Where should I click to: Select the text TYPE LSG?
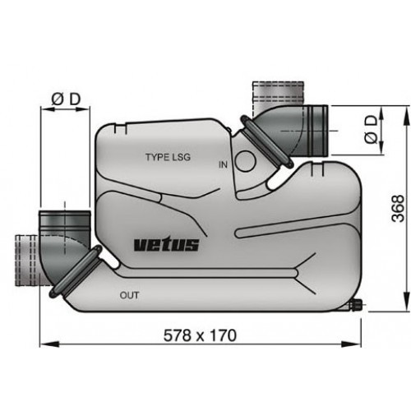click(x=169, y=156)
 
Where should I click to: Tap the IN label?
click(x=223, y=164)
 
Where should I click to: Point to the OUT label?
click(x=129, y=294)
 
